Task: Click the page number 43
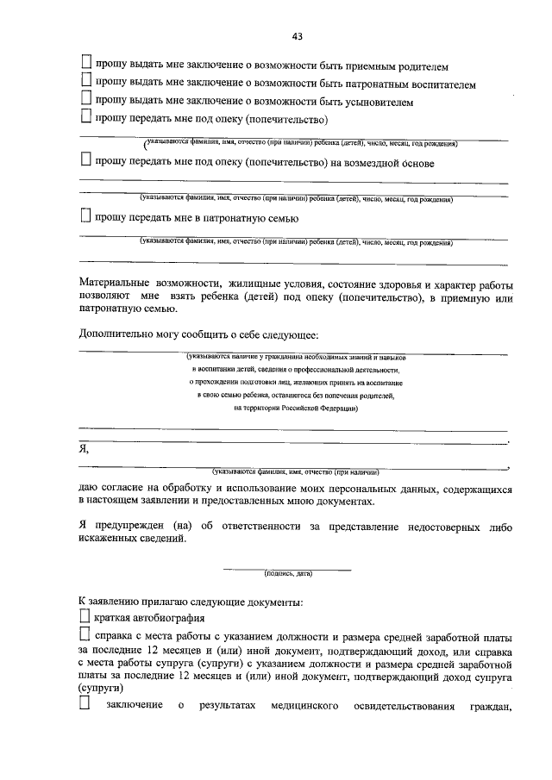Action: click(297, 36)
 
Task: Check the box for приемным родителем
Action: click(86, 63)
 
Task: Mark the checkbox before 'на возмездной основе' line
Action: click(86, 160)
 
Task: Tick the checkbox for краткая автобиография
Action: click(84, 617)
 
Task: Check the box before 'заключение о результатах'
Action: click(84, 707)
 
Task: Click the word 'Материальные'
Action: click(115, 284)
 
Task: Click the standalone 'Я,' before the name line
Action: click(84, 449)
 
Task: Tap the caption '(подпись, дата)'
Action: click(288, 573)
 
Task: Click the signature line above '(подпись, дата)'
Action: click(288, 568)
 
